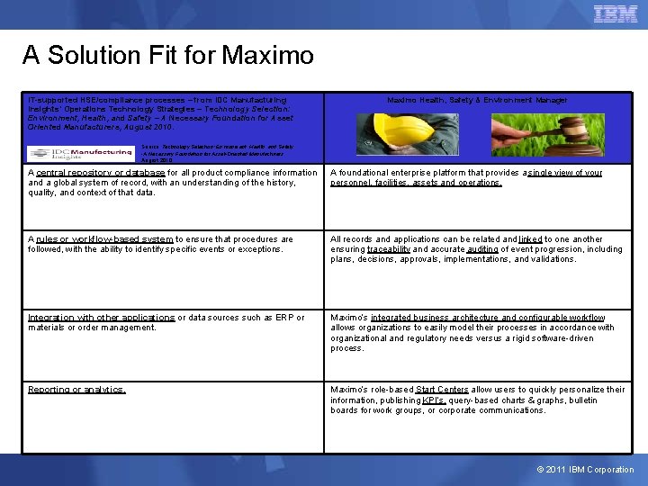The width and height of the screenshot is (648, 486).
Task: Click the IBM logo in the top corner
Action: point(616,13)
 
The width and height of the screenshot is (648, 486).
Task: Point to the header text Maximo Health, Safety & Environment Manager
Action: point(477,100)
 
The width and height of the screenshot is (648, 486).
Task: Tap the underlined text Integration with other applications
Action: point(101,318)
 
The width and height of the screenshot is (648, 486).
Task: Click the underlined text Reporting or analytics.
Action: point(76,390)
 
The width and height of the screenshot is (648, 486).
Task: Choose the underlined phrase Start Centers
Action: point(442,390)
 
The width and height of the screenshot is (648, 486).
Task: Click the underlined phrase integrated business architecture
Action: point(426,318)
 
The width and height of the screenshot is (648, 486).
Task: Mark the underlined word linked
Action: point(531,239)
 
